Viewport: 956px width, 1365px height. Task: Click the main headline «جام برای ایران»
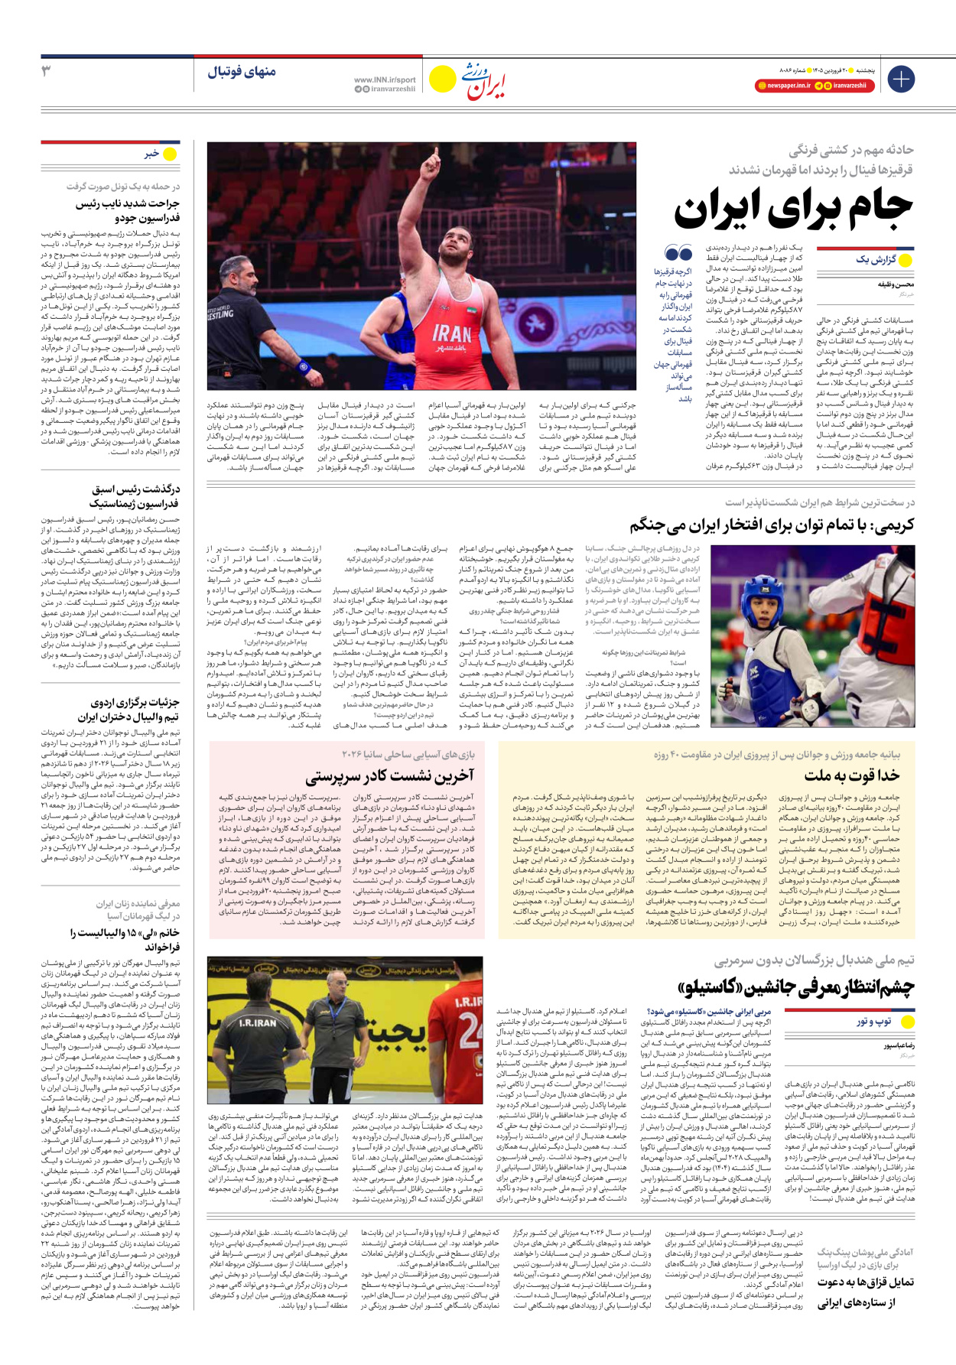point(793,208)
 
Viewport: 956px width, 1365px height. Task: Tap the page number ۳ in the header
point(46,71)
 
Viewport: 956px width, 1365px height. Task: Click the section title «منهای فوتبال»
point(241,72)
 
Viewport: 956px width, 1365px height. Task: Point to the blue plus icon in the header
point(901,79)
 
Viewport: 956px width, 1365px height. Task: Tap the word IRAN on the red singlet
point(451,333)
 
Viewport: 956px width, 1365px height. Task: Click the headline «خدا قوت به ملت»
point(851,775)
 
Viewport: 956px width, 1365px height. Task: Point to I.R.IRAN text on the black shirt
point(258,1022)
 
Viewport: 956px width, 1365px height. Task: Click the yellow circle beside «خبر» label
point(170,154)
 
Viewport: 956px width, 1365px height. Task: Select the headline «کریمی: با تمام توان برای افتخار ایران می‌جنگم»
point(772,526)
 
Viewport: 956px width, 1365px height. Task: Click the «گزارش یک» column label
point(876,260)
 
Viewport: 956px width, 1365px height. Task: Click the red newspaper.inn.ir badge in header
point(783,86)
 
